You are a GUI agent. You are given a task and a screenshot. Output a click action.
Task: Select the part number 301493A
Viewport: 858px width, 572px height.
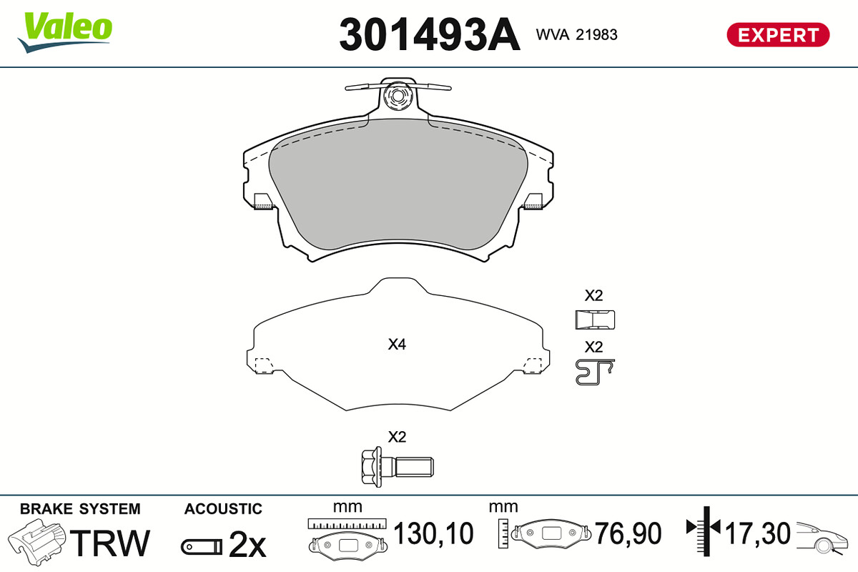pos(430,34)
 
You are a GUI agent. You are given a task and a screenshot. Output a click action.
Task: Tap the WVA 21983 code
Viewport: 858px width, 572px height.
pos(576,34)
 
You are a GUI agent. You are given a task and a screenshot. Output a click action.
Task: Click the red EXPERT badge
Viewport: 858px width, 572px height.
pos(778,35)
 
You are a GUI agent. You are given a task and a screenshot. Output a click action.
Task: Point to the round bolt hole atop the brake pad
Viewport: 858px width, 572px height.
pos(398,96)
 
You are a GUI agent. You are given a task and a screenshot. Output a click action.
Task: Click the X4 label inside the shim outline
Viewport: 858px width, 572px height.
pos(397,344)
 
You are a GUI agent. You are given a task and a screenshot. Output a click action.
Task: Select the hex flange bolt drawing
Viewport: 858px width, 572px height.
pos(398,467)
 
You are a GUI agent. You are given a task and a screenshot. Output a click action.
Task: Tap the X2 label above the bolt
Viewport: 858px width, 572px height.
pos(397,437)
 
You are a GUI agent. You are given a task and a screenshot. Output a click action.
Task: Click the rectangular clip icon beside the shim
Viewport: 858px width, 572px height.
pos(595,320)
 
